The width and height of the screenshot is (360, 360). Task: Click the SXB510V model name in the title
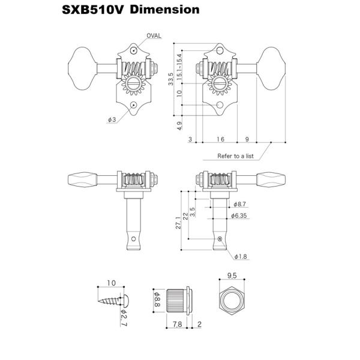tap(93, 10)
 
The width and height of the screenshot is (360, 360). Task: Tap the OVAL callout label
tap(154, 36)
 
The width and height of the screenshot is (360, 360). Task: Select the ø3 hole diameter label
tap(112, 119)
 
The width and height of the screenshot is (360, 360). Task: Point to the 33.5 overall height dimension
tap(170, 79)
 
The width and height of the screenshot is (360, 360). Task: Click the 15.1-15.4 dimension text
tap(179, 67)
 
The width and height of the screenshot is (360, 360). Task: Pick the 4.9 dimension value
tap(179, 126)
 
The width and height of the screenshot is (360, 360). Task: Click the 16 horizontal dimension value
tap(220, 139)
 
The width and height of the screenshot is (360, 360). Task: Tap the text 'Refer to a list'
tap(235, 156)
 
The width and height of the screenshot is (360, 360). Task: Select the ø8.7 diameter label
tap(239, 204)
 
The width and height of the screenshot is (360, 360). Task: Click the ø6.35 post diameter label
tap(239, 215)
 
